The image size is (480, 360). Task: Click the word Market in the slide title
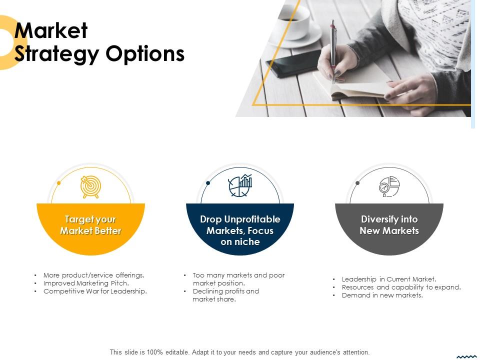(51, 31)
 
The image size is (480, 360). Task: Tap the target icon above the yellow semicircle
(90, 186)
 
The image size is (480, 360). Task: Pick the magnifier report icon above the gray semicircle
(389, 186)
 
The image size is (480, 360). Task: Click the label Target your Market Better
(90, 225)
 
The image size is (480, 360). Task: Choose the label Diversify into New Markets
(389, 225)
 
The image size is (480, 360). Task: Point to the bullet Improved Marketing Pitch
(86, 283)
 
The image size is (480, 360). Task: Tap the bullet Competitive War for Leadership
(95, 291)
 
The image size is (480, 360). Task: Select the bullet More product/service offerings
(94, 275)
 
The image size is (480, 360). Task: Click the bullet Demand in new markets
(382, 295)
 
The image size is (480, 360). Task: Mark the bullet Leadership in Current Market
(389, 279)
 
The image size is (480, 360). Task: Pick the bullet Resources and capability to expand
(401, 287)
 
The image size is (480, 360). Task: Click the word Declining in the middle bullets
(208, 291)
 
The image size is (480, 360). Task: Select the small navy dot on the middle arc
(208, 183)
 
